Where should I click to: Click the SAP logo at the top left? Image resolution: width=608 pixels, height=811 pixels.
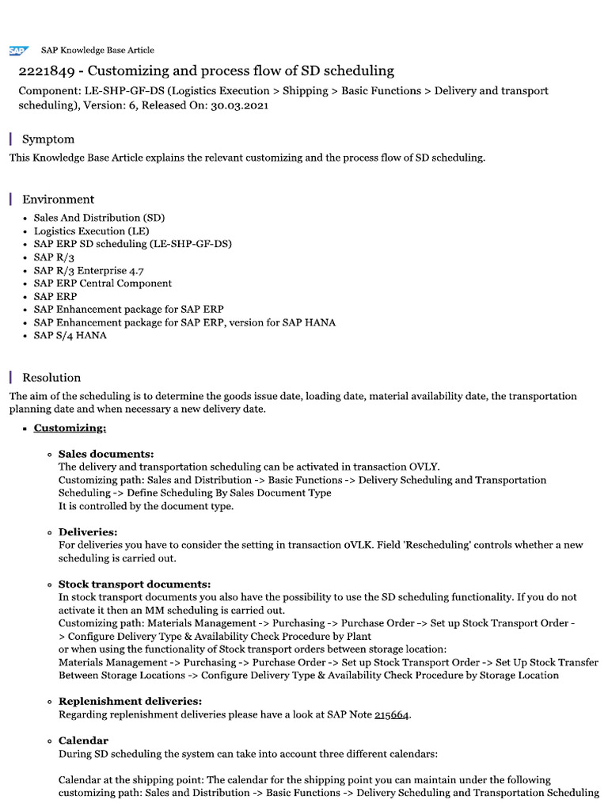point(17,50)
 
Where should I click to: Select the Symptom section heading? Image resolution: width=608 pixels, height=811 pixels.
point(48,139)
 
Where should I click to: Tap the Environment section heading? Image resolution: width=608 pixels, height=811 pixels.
point(58,200)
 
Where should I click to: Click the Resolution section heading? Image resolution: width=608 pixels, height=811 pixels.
point(51,378)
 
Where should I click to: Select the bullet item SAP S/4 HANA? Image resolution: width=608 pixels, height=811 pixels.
point(70,335)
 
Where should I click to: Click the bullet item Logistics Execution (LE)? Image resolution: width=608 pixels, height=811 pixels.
point(91,230)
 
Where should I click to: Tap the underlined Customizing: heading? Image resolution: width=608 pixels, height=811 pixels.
point(70,428)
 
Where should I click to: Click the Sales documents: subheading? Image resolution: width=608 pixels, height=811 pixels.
point(106,454)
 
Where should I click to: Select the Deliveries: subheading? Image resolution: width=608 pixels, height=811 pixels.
point(88,531)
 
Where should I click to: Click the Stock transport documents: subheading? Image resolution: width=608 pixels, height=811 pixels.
point(135,584)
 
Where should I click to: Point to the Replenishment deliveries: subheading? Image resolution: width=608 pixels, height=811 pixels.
point(130,701)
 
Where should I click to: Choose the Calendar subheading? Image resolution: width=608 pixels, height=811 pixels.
point(83,740)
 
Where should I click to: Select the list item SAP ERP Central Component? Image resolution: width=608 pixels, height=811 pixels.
point(102,283)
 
